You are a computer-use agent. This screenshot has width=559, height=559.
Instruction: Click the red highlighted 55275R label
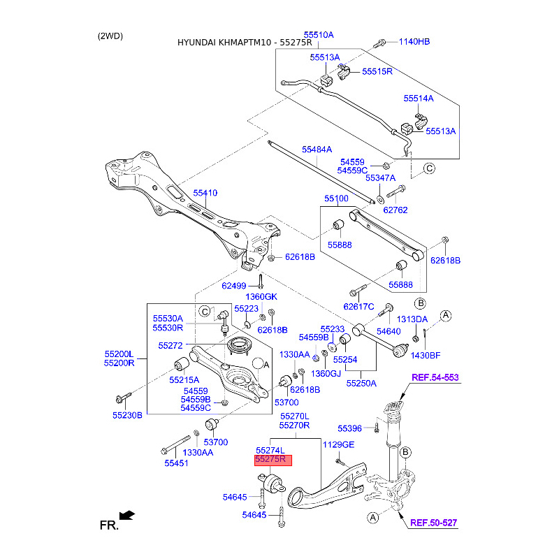(273, 460)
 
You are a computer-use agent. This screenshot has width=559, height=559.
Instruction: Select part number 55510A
(318, 34)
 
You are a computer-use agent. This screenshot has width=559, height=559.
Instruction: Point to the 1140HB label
(414, 41)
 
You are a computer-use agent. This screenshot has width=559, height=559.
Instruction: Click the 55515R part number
(377, 71)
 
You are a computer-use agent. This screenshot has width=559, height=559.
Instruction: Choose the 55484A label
(317, 150)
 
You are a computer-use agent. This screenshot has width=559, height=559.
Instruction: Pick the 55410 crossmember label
(205, 193)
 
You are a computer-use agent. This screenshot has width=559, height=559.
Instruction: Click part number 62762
(395, 210)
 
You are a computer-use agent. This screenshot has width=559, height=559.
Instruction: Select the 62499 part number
(234, 286)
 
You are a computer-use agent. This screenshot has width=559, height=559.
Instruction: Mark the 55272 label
(170, 345)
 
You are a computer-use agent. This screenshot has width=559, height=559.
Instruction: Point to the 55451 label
(177, 463)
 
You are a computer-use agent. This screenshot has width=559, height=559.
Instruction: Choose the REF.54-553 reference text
(435, 377)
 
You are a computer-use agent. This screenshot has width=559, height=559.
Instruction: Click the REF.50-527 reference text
(433, 522)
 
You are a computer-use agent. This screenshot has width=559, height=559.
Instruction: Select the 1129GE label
(338, 445)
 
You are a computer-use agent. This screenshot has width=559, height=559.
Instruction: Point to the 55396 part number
(349, 428)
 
